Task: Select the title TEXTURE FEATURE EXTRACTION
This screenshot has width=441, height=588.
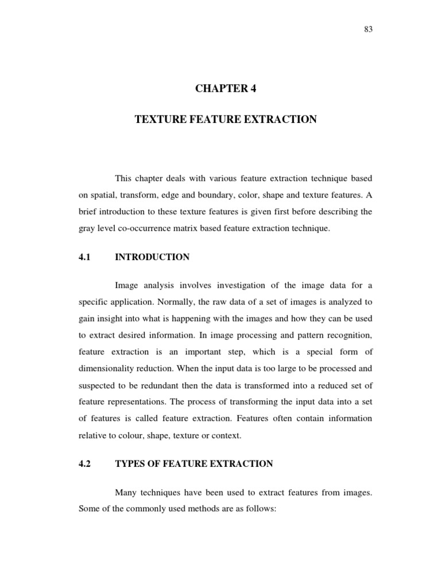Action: (x=226, y=119)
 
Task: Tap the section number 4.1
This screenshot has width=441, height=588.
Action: (x=86, y=257)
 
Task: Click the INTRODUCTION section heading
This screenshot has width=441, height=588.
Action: (x=152, y=257)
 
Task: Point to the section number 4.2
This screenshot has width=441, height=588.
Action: (x=86, y=463)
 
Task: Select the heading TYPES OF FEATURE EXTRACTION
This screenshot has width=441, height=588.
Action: (x=194, y=463)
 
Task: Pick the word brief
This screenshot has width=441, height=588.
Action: (x=88, y=211)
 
